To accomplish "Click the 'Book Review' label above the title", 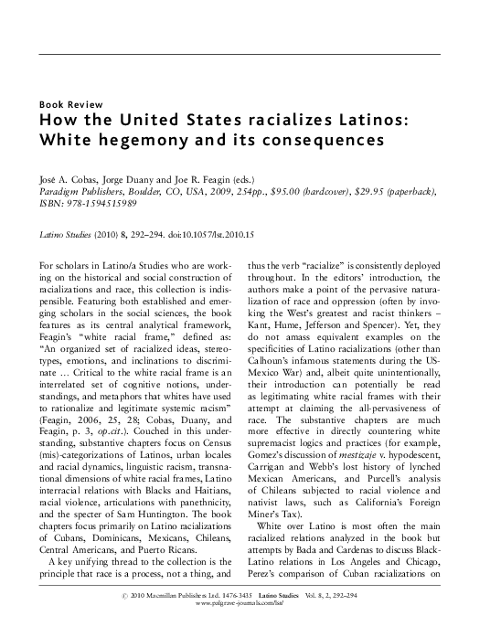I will point(69,103).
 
